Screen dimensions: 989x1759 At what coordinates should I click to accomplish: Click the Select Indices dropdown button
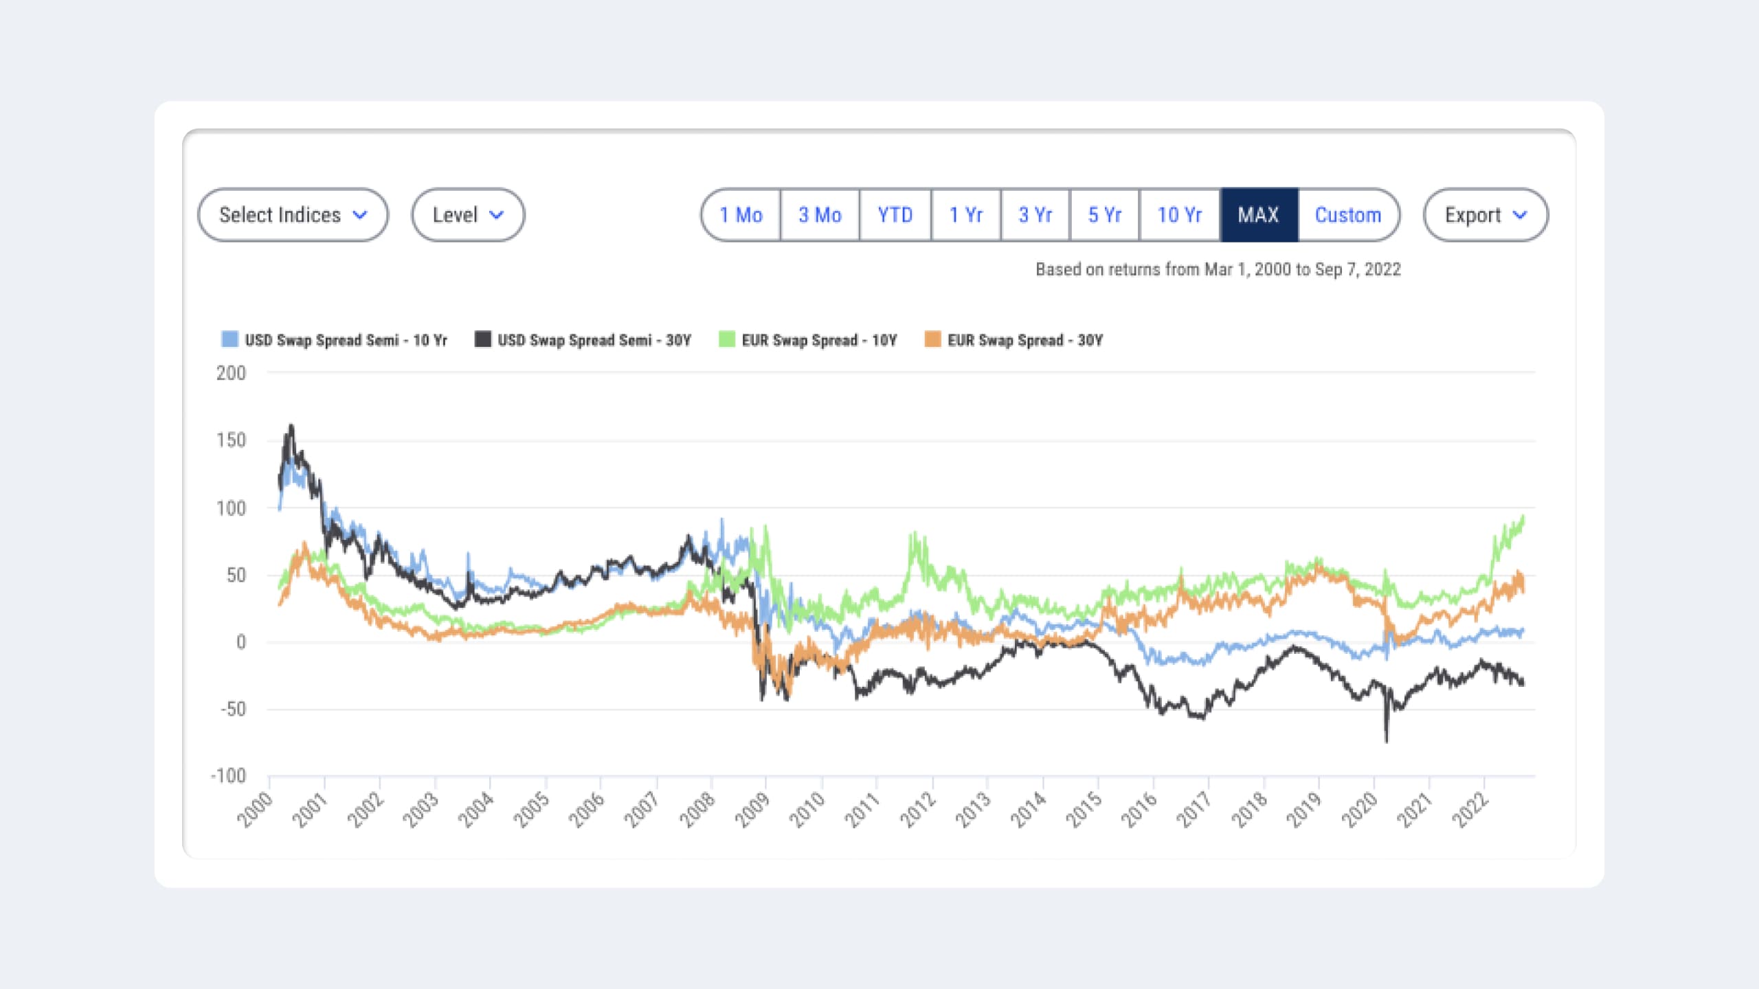(x=293, y=215)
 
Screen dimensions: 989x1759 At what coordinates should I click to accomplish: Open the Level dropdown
(x=468, y=215)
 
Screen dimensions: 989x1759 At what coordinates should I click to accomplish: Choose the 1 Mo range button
(x=741, y=215)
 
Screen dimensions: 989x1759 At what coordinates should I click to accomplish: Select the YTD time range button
(x=895, y=215)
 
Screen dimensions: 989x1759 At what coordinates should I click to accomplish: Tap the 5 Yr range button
(x=1104, y=215)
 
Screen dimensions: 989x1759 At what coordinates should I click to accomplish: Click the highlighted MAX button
(x=1258, y=215)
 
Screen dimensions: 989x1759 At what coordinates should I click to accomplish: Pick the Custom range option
(x=1347, y=215)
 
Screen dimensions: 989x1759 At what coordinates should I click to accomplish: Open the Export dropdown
(x=1485, y=215)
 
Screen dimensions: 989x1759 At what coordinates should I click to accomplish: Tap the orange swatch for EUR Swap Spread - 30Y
(x=932, y=339)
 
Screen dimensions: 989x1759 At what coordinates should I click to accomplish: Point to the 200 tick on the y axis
(x=231, y=373)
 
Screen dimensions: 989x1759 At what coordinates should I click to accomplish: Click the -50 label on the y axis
(x=233, y=709)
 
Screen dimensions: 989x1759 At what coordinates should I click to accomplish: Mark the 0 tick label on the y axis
(x=240, y=642)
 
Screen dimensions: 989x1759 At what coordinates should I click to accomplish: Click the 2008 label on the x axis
(x=697, y=810)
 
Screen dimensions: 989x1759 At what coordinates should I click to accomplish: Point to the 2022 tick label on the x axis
(x=1470, y=810)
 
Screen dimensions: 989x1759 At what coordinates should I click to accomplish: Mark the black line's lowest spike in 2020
(x=1386, y=740)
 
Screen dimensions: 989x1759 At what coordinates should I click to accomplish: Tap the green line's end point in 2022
(x=1523, y=516)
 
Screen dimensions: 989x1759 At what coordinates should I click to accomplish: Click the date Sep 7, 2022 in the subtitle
(x=1358, y=269)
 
